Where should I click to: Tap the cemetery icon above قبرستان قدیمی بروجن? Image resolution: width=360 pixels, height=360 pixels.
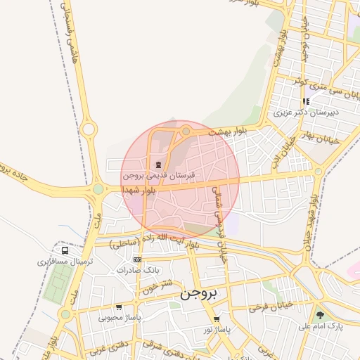click(x=157, y=165)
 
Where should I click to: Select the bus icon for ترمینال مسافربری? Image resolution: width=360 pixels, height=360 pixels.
click(x=65, y=250)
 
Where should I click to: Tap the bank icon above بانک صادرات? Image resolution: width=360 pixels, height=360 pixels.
click(x=137, y=259)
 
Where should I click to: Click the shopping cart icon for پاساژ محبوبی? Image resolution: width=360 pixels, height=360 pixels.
click(x=119, y=307)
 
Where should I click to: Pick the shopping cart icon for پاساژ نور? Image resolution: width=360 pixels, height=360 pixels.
click(x=216, y=319)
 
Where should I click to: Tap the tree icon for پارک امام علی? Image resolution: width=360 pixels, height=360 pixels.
click(x=321, y=315)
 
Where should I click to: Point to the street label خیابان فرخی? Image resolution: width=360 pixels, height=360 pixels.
click(x=270, y=307)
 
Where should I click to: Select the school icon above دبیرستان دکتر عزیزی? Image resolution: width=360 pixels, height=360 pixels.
click(x=306, y=101)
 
